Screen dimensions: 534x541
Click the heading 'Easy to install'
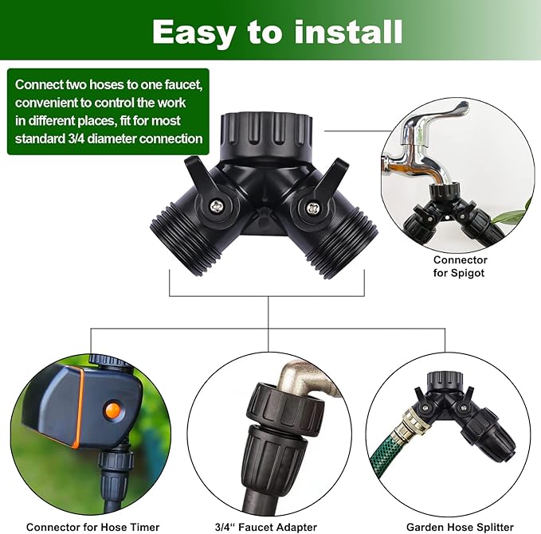(x=276, y=31)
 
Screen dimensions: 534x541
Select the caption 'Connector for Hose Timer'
(x=93, y=527)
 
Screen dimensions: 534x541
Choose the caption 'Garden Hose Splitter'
(x=460, y=527)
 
